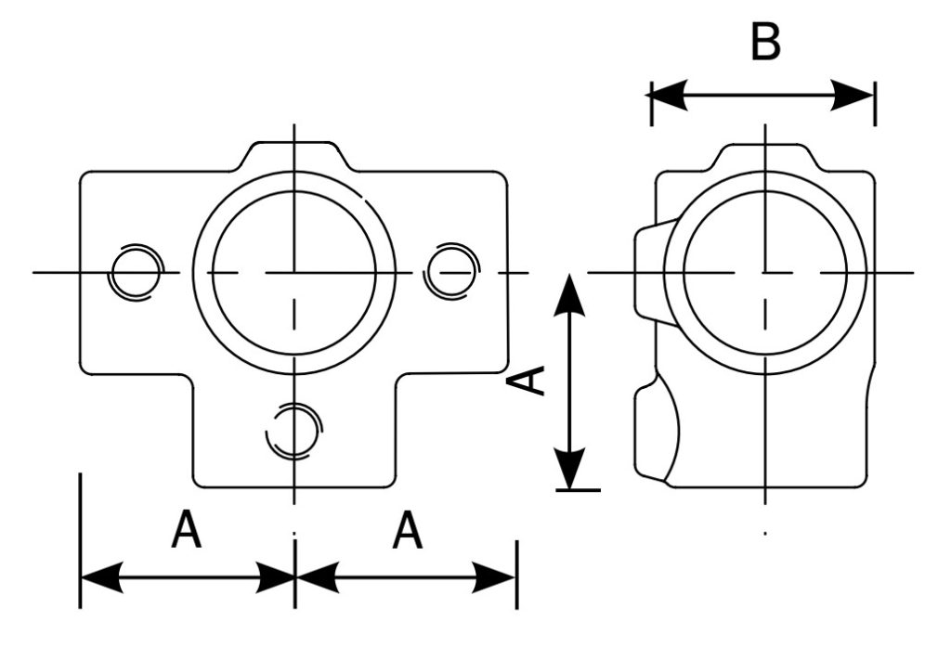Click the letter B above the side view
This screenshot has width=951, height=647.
point(765,43)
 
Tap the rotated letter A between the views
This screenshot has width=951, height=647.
point(530,380)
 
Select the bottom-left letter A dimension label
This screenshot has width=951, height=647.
point(187,533)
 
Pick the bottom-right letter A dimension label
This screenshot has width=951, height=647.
point(408,533)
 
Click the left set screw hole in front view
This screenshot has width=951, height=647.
point(131,273)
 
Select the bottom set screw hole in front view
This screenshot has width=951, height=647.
point(293,431)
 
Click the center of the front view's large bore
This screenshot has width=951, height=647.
point(293,273)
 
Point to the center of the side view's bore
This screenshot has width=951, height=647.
point(765,273)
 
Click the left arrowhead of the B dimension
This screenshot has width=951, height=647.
point(669,94)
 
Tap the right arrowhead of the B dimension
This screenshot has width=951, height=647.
point(857,94)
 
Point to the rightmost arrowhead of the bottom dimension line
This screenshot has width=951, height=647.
point(499,576)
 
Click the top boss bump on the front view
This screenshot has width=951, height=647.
point(293,154)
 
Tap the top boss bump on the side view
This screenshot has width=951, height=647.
point(765,157)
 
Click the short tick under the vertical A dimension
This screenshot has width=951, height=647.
point(578,488)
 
